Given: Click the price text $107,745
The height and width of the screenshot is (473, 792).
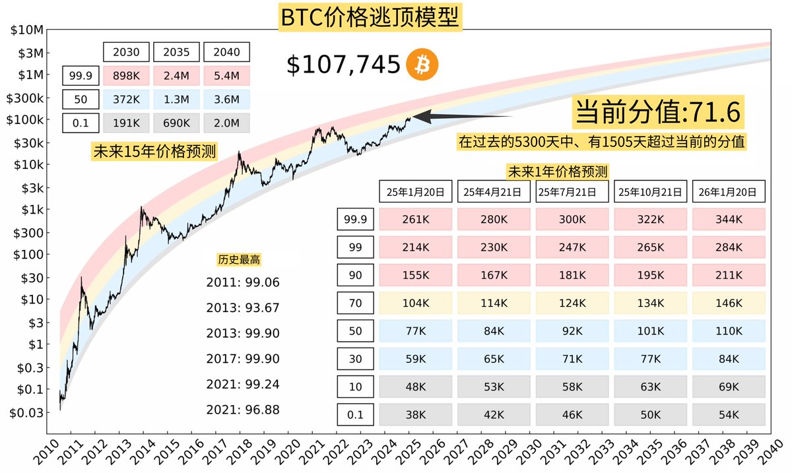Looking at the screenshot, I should tap(343, 64).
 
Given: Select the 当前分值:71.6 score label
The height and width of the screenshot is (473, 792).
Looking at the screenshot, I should tap(659, 112).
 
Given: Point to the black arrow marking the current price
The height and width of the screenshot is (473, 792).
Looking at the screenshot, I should tap(462, 117).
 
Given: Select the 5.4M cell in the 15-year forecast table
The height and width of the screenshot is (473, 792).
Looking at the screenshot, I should tap(226, 76).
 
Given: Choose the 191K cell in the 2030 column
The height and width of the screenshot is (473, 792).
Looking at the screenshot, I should tap(125, 123).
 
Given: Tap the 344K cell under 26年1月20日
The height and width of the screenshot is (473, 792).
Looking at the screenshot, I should tap(729, 219).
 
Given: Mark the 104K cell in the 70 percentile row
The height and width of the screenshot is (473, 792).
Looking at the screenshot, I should tap(416, 303).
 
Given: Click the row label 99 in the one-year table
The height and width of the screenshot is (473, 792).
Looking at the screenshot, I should tap(355, 247).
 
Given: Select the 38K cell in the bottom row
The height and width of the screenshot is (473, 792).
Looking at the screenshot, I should tap(416, 414).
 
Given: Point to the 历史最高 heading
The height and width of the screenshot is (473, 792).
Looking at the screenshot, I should tap(234, 260).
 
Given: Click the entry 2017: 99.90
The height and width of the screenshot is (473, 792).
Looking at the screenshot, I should tap(243, 359).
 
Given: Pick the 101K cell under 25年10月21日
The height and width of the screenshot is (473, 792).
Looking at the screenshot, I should tap(650, 331).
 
